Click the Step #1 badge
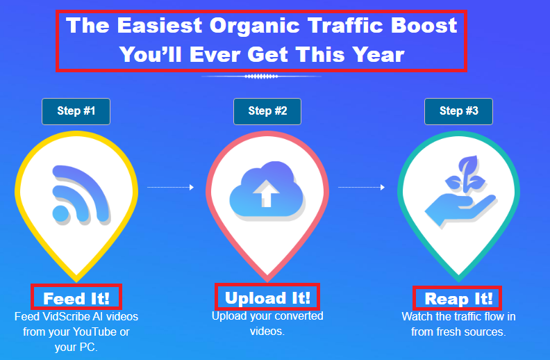click(x=76, y=112)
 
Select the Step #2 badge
click(x=267, y=112)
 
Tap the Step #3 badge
click(x=458, y=112)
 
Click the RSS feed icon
click(x=81, y=195)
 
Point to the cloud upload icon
click(x=267, y=190)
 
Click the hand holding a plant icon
click(x=460, y=192)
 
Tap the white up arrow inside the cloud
click(x=266, y=193)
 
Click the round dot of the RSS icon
click(x=60, y=213)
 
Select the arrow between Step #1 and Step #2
click(x=170, y=188)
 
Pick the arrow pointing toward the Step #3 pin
click(x=361, y=188)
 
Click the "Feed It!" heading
click(x=76, y=299)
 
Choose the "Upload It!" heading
click(x=267, y=298)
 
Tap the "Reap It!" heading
click(x=458, y=299)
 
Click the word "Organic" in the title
click(x=255, y=26)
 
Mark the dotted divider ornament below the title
click(x=261, y=76)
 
